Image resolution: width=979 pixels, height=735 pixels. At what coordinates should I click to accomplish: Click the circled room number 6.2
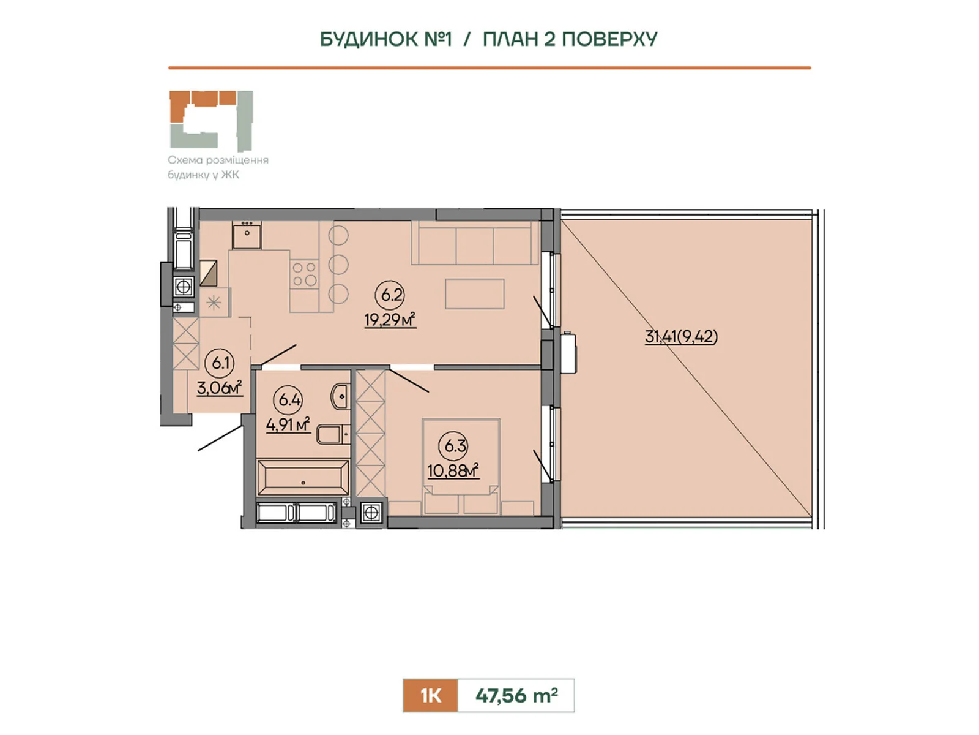click(391, 295)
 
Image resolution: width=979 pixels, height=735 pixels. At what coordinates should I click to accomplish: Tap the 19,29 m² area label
click(390, 320)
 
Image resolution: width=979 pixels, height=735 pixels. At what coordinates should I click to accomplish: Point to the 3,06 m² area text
click(220, 387)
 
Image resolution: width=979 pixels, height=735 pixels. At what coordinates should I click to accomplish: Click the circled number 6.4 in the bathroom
click(289, 400)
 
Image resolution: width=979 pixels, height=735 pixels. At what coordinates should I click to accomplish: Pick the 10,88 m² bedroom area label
click(453, 470)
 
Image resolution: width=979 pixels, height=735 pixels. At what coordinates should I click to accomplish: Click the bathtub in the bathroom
click(303, 477)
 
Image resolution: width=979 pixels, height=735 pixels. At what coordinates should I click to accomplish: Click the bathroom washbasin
click(340, 395)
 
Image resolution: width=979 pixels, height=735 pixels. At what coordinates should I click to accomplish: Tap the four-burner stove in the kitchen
click(304, 274)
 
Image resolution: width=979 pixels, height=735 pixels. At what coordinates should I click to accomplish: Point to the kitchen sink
click(247, 235)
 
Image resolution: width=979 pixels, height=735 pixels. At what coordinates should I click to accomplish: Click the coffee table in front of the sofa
click(475, 293)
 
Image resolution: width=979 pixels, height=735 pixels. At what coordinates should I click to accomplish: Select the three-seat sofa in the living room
click(475, 243)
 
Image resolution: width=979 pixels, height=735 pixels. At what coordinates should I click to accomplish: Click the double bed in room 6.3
click(461, 466)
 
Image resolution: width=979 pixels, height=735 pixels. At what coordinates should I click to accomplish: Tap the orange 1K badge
click(430, 695)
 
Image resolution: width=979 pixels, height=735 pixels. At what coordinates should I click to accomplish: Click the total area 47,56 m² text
click(516, 695)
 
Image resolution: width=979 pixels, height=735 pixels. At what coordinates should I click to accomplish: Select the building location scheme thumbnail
click(212, 121)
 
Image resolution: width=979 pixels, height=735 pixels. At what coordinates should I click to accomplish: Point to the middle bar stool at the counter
click(338, 265)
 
